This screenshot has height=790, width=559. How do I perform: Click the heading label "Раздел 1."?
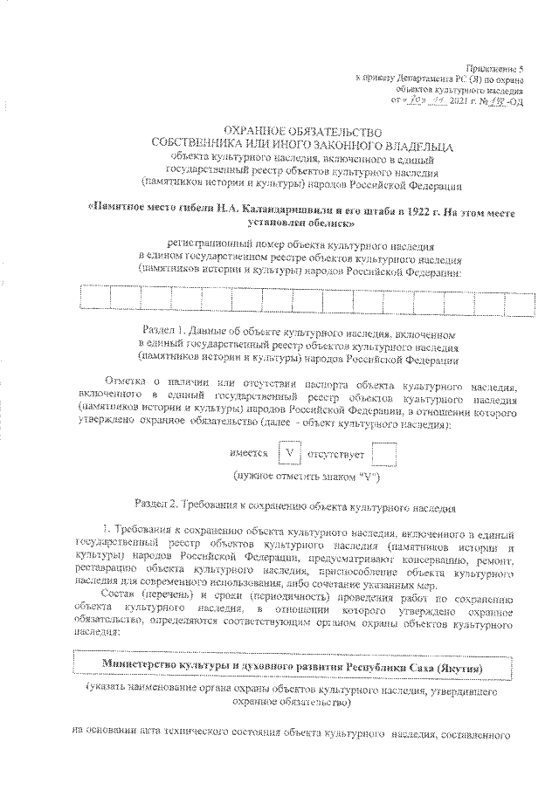(164, 333)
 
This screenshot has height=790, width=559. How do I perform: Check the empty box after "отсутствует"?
(383, 454)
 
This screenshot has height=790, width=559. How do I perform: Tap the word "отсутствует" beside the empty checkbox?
(335, 455)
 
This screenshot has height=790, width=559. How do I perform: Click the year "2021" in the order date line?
(459, 101)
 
